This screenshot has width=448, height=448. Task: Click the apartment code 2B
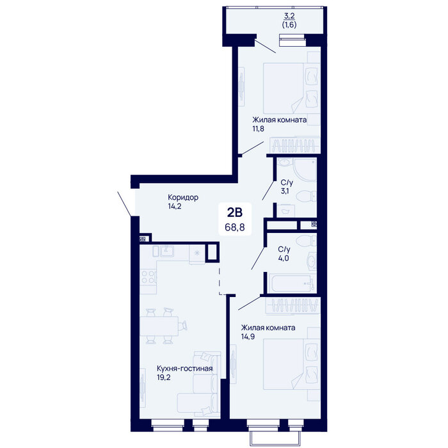(x=235, y=212)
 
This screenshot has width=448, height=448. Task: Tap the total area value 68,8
(x=235, y=227)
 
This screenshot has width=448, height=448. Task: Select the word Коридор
(x=183, y=197)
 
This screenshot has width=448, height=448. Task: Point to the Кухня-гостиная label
(x=184, y=368)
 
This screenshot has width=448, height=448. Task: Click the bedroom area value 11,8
(x=258, y=129)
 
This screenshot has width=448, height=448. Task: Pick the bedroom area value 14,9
(x=248, y=337)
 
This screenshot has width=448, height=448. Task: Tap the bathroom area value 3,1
(x=285, y=191)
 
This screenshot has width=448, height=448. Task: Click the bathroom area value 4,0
(x=284, y=259)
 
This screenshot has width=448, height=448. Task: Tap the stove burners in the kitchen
(x=148, y=277)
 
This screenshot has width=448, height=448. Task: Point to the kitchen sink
(x=166, y=251)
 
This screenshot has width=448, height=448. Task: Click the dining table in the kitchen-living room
(x=159, y=326)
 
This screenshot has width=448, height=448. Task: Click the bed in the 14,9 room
(x=291, y=364)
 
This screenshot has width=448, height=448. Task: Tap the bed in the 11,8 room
(x=291, y=88)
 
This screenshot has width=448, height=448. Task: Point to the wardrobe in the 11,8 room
(x=295, y=145)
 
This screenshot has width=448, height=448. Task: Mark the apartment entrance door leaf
(x=125, y=204)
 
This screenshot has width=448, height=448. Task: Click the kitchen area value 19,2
(x=163, y=378)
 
